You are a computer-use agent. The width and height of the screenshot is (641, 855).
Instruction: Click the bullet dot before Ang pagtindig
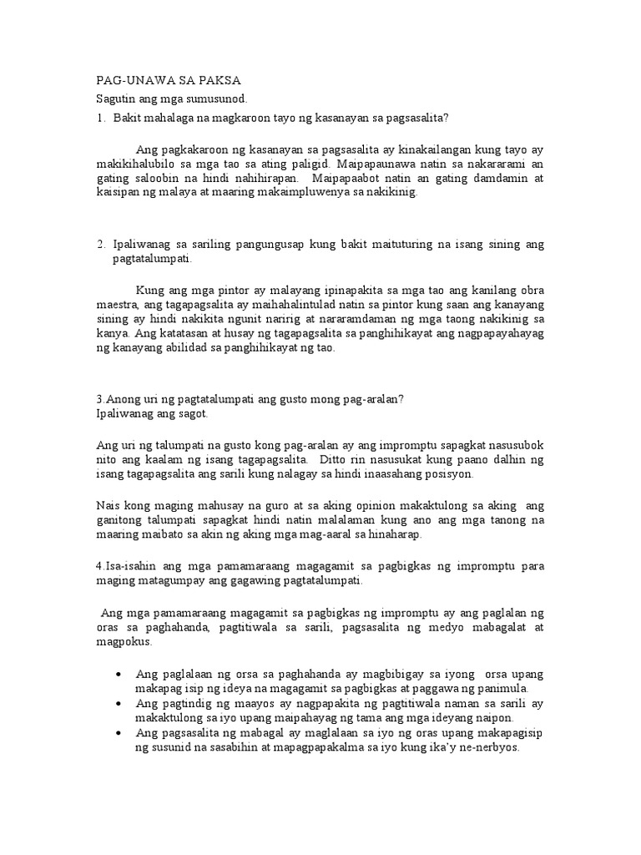click(123, 704)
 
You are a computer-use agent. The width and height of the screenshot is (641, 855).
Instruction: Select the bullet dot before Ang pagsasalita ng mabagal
click(123, 733)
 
